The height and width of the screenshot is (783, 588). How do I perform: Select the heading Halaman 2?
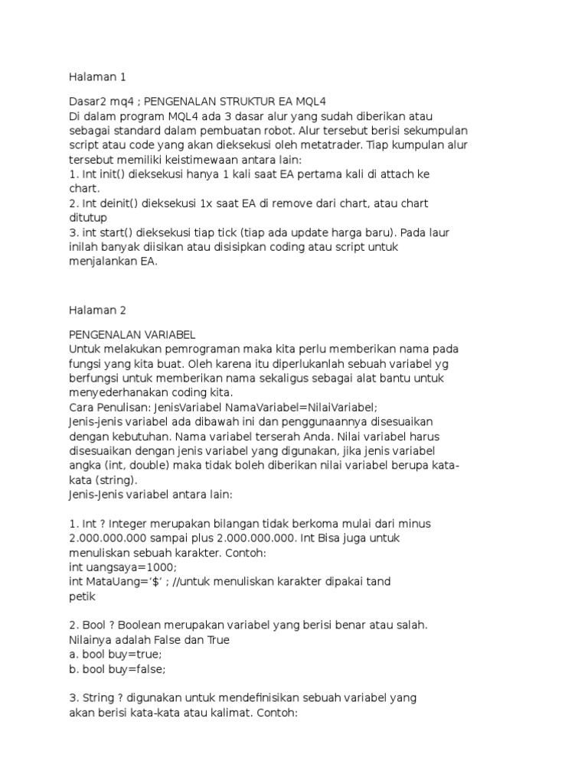97,310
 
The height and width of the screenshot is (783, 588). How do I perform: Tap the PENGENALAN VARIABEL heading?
132,335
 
